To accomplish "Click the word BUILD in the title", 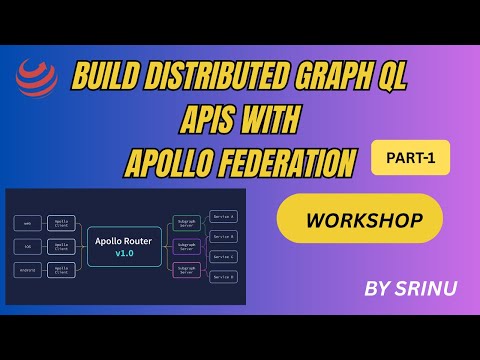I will pyautogui.click(x=109, y=76).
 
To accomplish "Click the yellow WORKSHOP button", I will pyautogui.click(x=359, y=219).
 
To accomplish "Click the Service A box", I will pyautogui.click(x=223, y=216).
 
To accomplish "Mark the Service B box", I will pyautogui.click(x=223, y=236).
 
